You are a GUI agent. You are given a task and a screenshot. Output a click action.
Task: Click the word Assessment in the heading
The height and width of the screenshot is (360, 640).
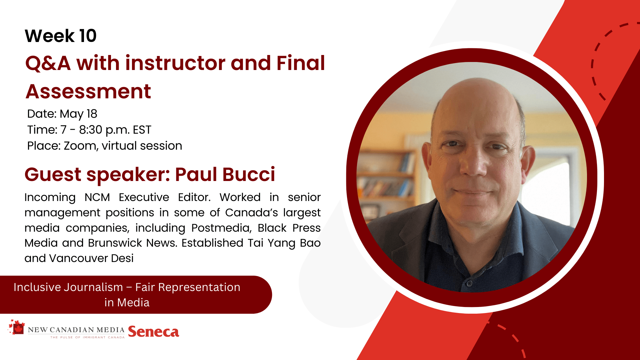88,91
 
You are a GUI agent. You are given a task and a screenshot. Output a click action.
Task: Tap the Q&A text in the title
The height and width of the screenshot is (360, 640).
48,63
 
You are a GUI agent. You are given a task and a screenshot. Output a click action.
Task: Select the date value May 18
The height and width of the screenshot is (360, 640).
78,114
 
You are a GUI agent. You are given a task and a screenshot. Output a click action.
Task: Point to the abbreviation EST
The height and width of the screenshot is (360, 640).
142,130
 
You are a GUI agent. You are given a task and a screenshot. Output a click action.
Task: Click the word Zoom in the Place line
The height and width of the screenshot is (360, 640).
80,146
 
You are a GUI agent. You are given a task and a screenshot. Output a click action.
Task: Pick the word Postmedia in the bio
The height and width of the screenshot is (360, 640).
221,228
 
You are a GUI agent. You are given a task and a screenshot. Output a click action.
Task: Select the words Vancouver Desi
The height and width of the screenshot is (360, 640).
91,258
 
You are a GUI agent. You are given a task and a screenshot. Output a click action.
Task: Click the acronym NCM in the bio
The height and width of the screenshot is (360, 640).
97,197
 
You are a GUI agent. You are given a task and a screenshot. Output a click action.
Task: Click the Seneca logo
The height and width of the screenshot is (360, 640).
154,332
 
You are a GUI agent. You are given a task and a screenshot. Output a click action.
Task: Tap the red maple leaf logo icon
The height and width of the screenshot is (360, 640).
17,327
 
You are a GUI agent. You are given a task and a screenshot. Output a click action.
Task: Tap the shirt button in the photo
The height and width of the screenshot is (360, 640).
469,284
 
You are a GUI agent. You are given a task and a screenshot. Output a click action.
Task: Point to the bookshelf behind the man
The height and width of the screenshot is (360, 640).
387,180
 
